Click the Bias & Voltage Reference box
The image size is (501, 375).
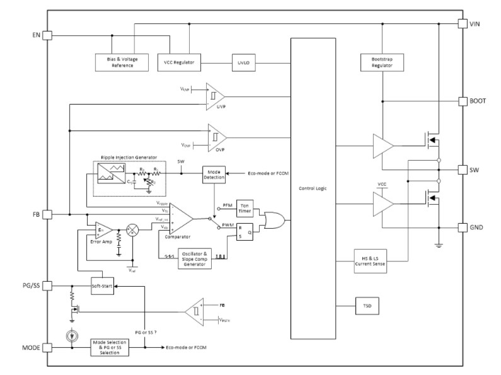click(123, 62)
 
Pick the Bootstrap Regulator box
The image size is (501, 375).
click(382, 62)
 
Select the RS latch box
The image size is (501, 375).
click(245, 232)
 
